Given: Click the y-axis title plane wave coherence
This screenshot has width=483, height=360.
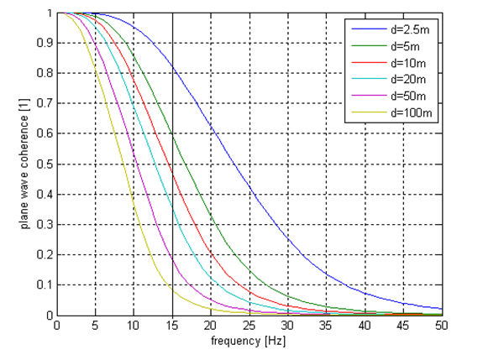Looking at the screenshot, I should click(27, 164).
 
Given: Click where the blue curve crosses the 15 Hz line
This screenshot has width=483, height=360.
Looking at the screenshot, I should click(172, 66).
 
